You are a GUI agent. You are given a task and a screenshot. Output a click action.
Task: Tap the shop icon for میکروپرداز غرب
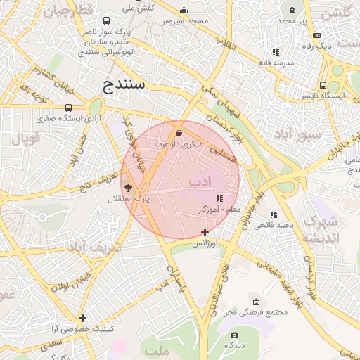pos(179,133)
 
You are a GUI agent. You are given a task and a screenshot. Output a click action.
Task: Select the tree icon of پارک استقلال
pos(127,188)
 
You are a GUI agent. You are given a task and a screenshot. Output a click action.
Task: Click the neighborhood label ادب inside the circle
pos(200,182)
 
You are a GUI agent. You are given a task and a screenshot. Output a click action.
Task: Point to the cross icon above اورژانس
pos(205,232)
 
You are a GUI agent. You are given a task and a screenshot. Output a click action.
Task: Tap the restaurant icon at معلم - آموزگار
pos(219,199)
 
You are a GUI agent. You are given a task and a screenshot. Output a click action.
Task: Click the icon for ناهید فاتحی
pos(274,214)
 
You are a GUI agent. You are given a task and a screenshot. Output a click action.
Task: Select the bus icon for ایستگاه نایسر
pos(323,85)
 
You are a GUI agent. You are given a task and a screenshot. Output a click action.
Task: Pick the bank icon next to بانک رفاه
pos(316,35)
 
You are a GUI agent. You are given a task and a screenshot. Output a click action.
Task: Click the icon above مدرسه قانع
pos(276,52)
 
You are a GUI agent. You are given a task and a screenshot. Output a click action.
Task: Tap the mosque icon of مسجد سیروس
pos(184,11)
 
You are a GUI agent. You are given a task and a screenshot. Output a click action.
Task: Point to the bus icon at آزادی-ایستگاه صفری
pos(68,108)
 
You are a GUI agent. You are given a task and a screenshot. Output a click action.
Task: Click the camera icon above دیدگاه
pos(234,335)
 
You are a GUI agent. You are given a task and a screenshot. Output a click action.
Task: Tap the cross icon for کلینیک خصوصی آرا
pos(83,318)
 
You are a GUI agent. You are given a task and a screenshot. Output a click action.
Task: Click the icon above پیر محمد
pos(292,11)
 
